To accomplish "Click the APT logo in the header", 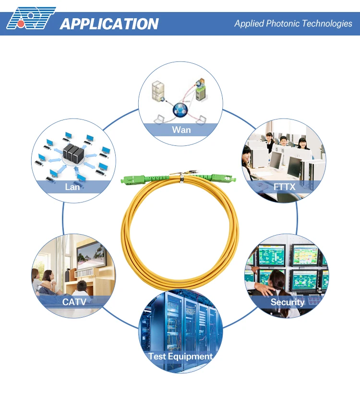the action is pos(31,18).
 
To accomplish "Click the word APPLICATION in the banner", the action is pos(109,24).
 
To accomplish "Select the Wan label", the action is pos(181,130).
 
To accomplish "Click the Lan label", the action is pos(72,187).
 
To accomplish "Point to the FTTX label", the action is pos(284,187).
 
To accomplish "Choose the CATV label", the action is pos(74,302).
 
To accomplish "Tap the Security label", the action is pos(288,302).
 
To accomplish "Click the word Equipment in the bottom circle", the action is pos(190,357).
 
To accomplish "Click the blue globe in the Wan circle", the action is pos(180,110).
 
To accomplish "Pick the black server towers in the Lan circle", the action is pos(73,153).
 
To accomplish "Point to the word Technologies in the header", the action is pos(327,24).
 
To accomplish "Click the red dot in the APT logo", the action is pos(21,24).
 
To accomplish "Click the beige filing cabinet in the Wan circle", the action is pos(158,91).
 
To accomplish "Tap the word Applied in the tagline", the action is pos(249,24).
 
